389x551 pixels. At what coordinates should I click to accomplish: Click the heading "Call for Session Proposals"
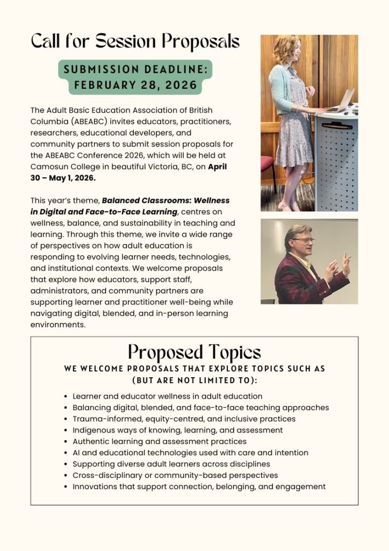coord(135,41)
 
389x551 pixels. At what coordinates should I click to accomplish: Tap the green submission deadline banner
coord(135,77)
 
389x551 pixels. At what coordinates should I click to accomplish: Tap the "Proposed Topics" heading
coord(194,352)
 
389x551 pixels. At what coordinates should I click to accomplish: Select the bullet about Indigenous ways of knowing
coord(177,430)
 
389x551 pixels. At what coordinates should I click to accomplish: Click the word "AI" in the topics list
coord(78,453)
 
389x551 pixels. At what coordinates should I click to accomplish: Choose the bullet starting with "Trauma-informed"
coord(184,419)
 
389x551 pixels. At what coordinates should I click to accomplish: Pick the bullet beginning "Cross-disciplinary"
coord(175,475)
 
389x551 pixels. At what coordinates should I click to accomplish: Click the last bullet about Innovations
coord(199,486)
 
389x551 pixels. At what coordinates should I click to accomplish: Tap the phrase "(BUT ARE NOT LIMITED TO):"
coord(194,380)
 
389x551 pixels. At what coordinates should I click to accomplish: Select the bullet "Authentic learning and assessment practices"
coord(160,441)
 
